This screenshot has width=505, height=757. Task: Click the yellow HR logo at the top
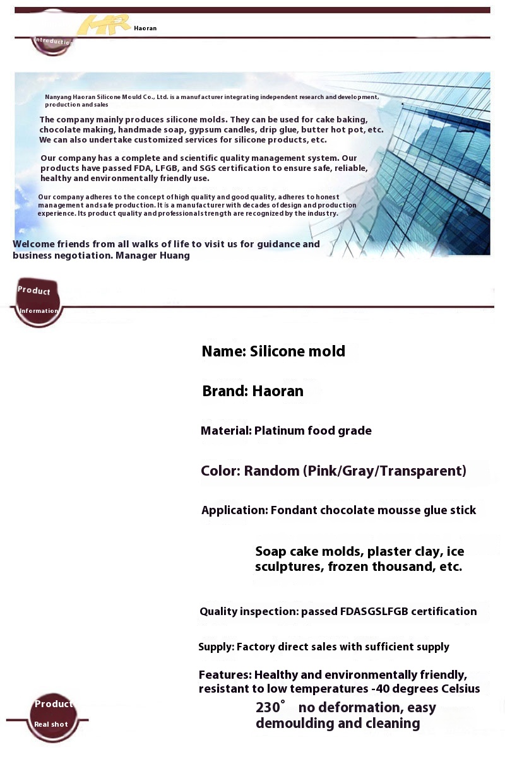(103, 25)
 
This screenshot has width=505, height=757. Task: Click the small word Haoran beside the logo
(145, 28)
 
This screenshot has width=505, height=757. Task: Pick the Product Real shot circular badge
(53, 715)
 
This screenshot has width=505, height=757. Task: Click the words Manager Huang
(153, 255)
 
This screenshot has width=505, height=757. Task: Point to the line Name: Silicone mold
(273, 351)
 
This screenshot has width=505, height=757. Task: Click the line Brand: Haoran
(252, 391)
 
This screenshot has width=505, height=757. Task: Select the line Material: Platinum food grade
(286, 431)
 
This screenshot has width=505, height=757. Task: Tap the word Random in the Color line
(271, 471)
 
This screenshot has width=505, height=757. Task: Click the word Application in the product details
(234, 510)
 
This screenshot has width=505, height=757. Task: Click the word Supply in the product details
(216, 647)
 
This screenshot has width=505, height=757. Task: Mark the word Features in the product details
(224, 675)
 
